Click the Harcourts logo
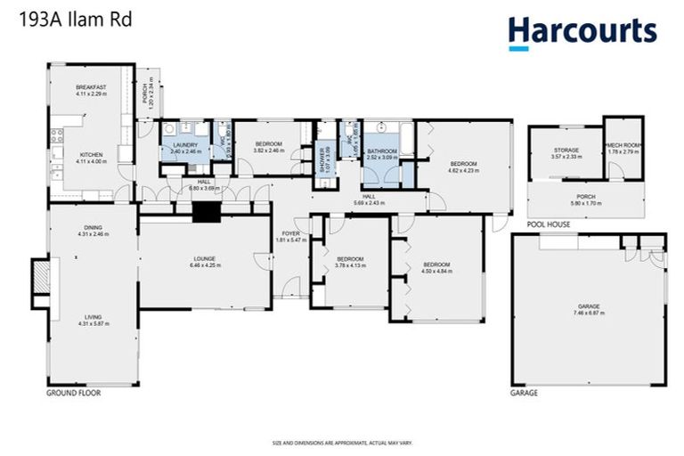(x=582, y=32)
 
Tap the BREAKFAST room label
(x=91, y=87)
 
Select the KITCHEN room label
(x=91, y=154)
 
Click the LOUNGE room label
(x=205, y=259)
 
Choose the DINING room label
(x=93, y=228)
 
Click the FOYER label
(x=291, y=232)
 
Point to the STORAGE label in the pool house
(x=566, y=151)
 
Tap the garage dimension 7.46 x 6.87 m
(x=589, y=313)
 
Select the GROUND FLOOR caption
(x=72, y=392)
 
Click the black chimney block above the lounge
(x=207, y=212)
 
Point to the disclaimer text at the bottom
(x=341, y=443)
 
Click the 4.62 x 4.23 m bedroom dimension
(x=464, y=170)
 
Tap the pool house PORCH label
(x=585, y=196)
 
